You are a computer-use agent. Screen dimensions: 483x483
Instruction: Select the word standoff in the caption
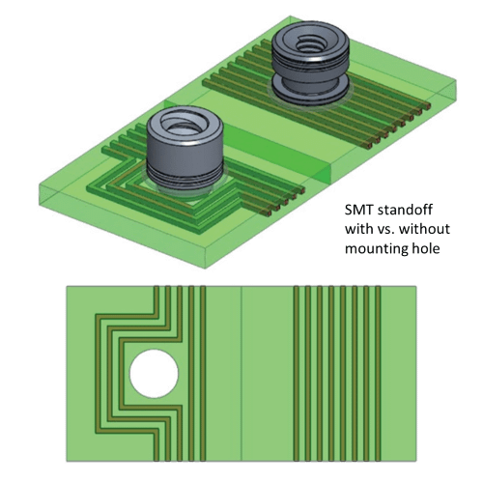411,210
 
